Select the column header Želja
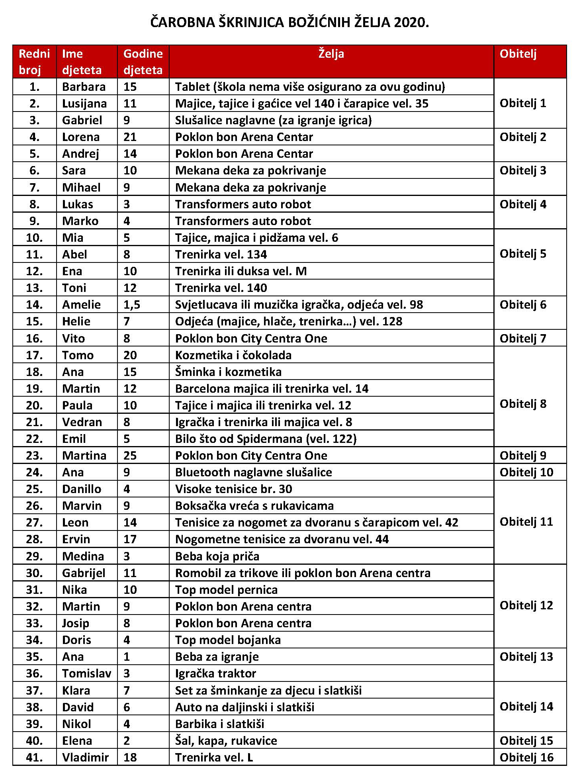(331, 54)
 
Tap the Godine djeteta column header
(143, 62)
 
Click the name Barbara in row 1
(84, 87)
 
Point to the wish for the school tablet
(310, 87)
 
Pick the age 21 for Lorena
(130, 137)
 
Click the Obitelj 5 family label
(523, 254)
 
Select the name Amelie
(81, 305)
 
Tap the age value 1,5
(132, 305)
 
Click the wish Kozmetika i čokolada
(233, 355)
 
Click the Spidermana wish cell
(266, 439)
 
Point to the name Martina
(84, 456)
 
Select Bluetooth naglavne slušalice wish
(253, 472)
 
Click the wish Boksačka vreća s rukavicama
(254, 506)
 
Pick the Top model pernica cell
(226, 590)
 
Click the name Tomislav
(86, 673)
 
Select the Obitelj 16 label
(526, 757)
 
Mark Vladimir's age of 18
(130, 757)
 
